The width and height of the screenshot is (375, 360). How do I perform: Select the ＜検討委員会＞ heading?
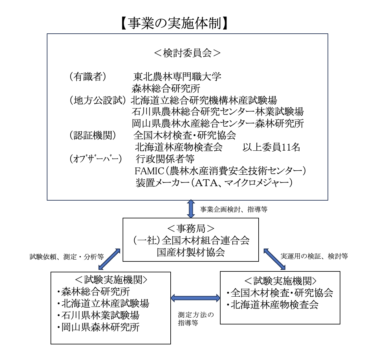pos(187,53)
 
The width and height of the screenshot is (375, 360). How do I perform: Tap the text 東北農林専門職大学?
pos(177,77)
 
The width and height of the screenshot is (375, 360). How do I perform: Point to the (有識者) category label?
pos(88,77)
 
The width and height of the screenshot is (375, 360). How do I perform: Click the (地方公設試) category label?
pos(97,100)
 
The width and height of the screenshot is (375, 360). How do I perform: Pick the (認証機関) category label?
pos(93,135)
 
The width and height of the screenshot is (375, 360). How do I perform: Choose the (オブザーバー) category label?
pos(95,159)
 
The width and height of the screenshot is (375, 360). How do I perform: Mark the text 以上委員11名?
pos(271,147)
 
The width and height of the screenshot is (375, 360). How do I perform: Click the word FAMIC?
pos(149,171)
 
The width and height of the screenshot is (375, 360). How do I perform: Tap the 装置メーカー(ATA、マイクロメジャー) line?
pos(214,183)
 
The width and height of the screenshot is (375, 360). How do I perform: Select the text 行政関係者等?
pos(165,159)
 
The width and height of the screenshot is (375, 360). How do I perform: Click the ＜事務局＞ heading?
pos(191,229)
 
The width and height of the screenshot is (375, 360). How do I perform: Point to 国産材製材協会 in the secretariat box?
pos(191,252)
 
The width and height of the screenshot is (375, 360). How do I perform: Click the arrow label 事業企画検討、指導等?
pos(234,209)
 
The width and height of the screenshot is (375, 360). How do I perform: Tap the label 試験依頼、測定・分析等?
pos(67,257)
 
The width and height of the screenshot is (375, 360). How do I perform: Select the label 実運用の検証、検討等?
pos(314,256)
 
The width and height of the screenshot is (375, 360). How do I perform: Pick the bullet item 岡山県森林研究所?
pos(100,327)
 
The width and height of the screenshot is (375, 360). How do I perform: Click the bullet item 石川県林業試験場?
pos(100,315)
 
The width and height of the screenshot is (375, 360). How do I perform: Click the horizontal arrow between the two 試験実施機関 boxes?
pos(195,298)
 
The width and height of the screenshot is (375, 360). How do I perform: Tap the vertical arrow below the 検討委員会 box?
pos(191,209)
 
